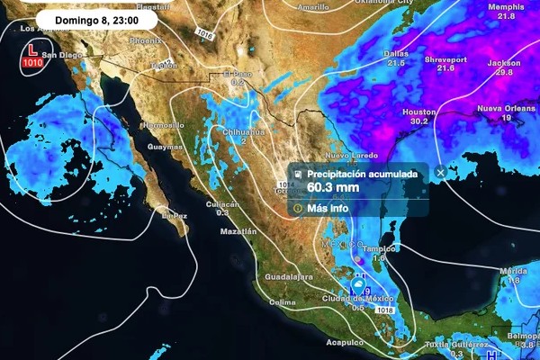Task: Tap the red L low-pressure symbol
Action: tap(32, 53)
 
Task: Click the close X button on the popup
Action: tap(440, 173)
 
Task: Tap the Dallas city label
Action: tap(396, 53)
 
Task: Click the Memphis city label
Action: tap(506, 7)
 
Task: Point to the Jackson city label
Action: tap(504, 64)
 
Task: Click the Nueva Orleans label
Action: tap(500, 109)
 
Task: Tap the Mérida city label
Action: tap(513, 271)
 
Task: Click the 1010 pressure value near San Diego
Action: tap(32, 63)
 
